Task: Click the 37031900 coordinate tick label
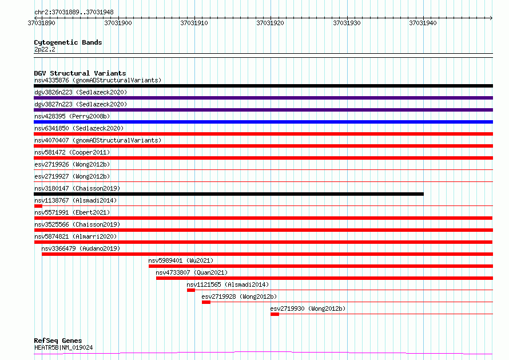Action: [118, 23]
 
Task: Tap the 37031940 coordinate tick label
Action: [423, 23]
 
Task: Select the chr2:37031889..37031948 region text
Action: [74, 13]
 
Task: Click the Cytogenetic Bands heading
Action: [68, 42]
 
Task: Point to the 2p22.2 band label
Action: [45, 49]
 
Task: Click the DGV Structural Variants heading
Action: [80, 73]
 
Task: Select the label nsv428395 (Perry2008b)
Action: [72, 116]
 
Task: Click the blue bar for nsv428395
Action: [263, 122]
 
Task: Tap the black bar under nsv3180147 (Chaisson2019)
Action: [229, 194]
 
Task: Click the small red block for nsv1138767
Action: [38, 206]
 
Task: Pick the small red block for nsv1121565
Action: [191, 290]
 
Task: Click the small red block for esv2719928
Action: [206, 302]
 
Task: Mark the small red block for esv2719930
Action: [275, 314]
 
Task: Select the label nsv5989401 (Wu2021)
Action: [181, 260]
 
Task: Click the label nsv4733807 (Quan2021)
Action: [192, 272]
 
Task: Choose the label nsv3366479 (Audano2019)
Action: [81, 248]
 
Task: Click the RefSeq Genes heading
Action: [58, 341]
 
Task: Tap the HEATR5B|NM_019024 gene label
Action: [63, 347]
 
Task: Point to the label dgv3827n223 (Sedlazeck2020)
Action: [81, 104]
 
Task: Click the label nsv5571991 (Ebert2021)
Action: [72, 212]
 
